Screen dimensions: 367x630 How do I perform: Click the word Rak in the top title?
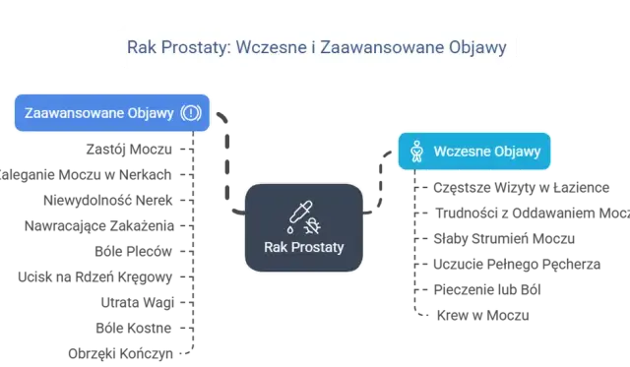[x=140, y=47]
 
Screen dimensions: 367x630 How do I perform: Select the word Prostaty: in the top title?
[x=192, y=47]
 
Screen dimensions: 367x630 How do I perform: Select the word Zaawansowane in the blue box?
[x=74, y=112]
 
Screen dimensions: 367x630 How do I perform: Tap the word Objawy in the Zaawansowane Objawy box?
[x=151, y=112]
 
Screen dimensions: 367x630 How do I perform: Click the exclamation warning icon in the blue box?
[x=191, y=112]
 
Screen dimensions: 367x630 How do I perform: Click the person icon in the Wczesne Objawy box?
[x=415, y=152]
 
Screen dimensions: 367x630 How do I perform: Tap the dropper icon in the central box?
[x=297, y=214]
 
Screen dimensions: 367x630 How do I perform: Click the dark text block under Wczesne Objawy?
[x=502, y=246]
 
